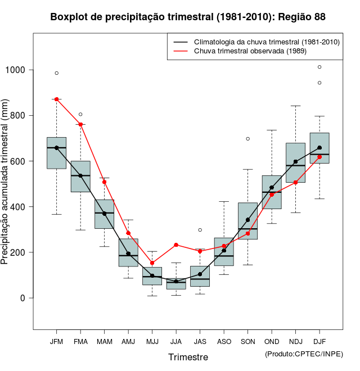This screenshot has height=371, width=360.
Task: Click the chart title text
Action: pyautogui.click(x=188, y=17)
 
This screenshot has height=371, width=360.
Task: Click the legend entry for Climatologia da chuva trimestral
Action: pyautogui.click(x=266, y=42)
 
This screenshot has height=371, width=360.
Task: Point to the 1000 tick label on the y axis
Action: pyautogui.click(x=16, y=70)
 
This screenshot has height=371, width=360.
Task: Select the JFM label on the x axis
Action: pyautogui.click(x=56, y=342)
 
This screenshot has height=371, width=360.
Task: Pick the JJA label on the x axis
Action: pyautogui.click(x=176, y=342)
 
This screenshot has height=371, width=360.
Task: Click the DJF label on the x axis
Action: pyautogui.click(x=319, y=342)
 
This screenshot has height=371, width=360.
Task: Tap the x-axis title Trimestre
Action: pyautogui.click(x=188, y=357)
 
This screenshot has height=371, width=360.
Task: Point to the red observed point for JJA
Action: pyautogui.click(x=176, y=245)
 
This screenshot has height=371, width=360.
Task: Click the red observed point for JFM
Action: pyautogui.click(x=57, y=99)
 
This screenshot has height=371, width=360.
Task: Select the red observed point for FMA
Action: pyautogui.click(x=80, y=124)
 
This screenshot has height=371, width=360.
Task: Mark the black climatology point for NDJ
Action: pyautogui.click(x=295, y=161)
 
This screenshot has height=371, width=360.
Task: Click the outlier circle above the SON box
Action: pyautogui.click(x=247, y=138)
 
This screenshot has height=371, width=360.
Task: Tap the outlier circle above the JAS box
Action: pyautogui.click(x=200, y=230)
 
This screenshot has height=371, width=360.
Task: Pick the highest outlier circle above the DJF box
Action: pyautogui.click(x=319, y=67)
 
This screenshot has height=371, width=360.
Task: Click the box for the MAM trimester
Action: pyautogui.click(x=104, y=214)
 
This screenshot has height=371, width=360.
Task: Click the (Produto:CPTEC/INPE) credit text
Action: pyautogui.click(x=304, y=354)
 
